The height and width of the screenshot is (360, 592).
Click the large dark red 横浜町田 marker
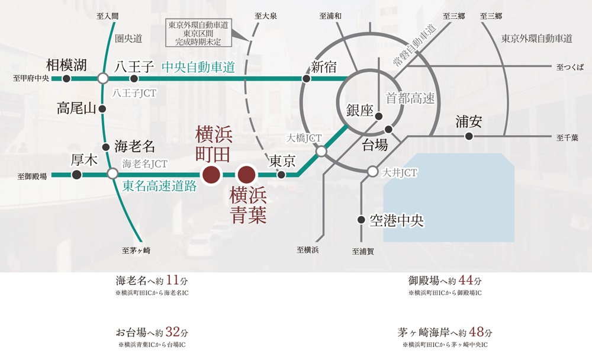211,175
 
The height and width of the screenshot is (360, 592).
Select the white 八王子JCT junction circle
103,78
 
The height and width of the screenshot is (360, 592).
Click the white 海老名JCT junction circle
112,174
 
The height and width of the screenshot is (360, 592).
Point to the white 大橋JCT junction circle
321,152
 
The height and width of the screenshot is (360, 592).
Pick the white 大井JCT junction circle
372,172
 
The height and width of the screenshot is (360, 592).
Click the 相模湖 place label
66,64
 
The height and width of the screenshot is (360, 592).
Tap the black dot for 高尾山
103,109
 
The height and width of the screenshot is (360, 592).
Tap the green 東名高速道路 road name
159,186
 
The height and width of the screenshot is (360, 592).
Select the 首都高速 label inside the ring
410,98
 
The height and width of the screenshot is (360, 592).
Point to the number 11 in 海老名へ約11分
173,281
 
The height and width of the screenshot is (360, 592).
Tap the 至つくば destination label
571,67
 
